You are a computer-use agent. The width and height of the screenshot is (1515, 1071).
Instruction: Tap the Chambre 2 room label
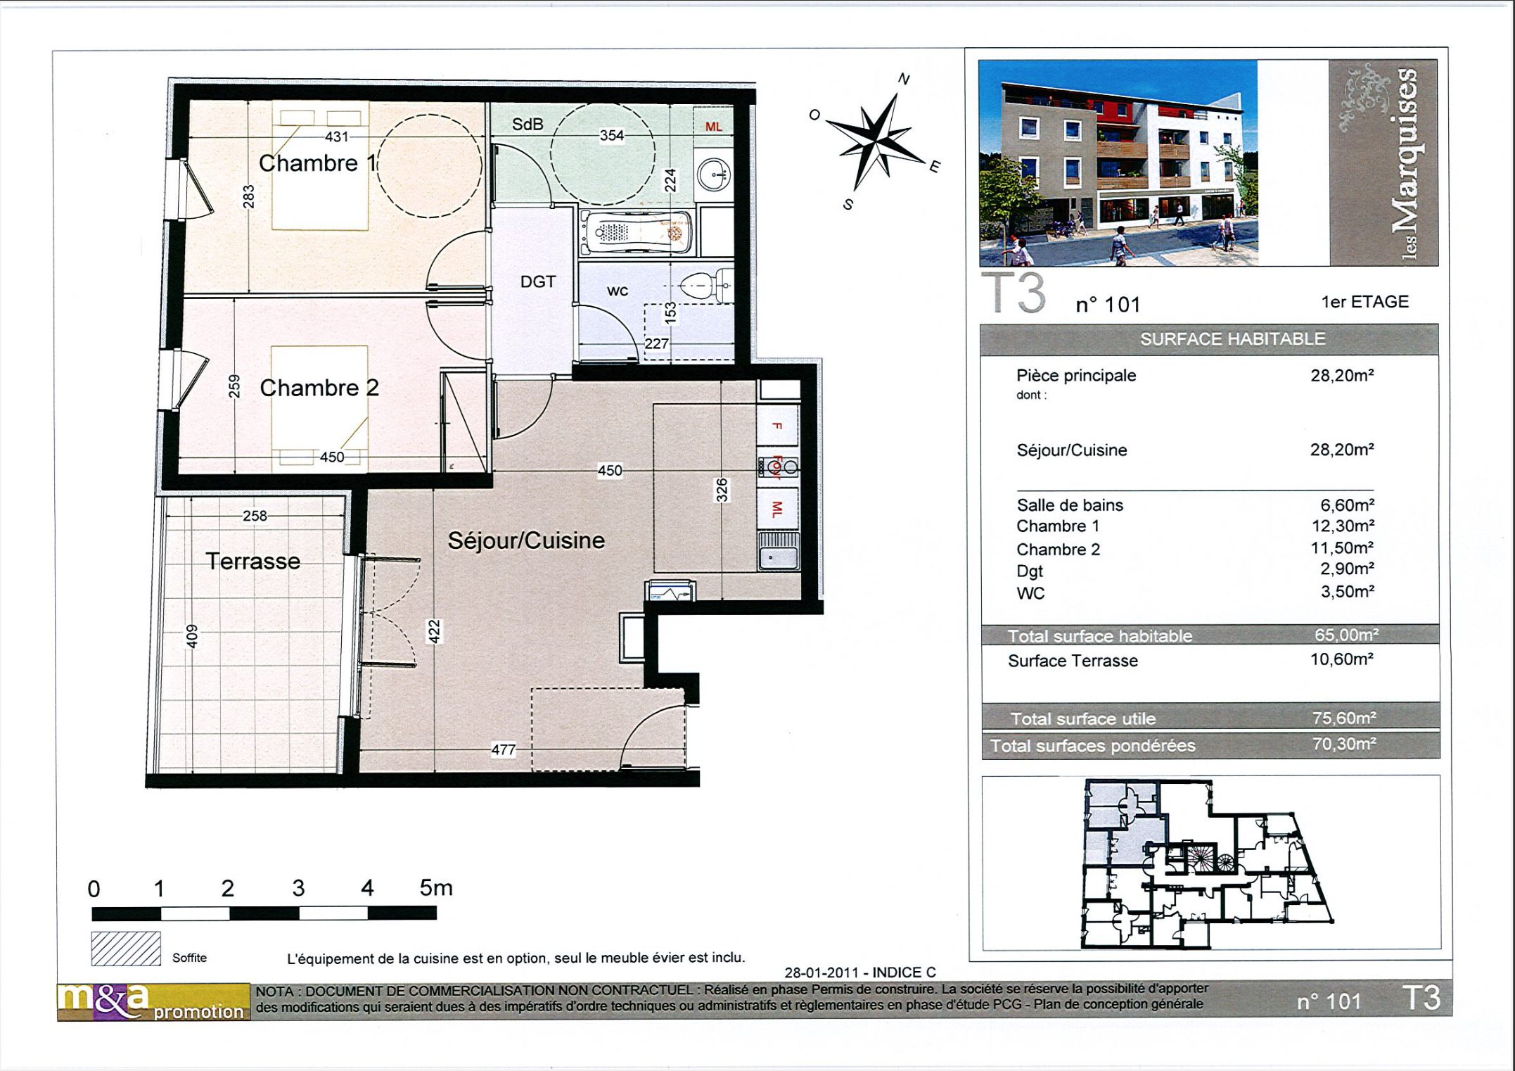(x=319, y=388)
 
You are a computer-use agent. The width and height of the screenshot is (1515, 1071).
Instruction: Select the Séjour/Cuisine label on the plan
(x=526, y=540)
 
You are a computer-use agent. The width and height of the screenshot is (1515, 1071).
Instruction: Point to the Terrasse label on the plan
(x=252, y=561)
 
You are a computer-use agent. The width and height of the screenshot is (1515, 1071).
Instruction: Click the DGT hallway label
(x=538, y=281)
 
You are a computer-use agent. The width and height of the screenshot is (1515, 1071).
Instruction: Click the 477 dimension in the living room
(x=503, y=749)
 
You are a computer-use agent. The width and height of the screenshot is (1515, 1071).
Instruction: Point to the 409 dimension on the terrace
(x=192, y=636)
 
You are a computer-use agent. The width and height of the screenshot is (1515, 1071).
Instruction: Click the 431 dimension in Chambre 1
(x=336, y=137)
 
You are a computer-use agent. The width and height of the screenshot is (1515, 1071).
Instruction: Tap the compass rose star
(x=874, y=140)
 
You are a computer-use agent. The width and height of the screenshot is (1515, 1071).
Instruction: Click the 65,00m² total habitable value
(x=1345, y=635)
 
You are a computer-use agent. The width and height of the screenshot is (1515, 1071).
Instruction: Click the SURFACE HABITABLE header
(x=1232, y=339)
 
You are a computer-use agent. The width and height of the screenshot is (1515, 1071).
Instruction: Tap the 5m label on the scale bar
(x=436, y=888)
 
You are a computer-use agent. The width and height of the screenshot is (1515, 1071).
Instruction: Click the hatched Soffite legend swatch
(x=126, y=949)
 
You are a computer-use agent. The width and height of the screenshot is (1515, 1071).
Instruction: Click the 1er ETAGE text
(x=1364, y=302)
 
